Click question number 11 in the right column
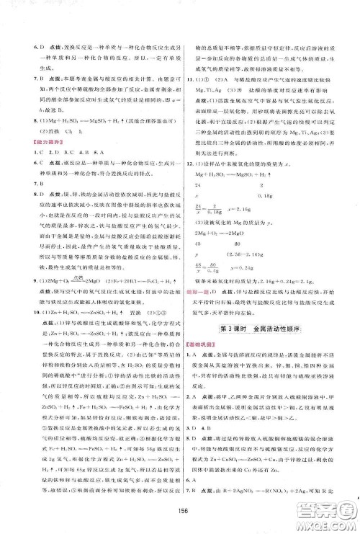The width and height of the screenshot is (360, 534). [x=191, y=96]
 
